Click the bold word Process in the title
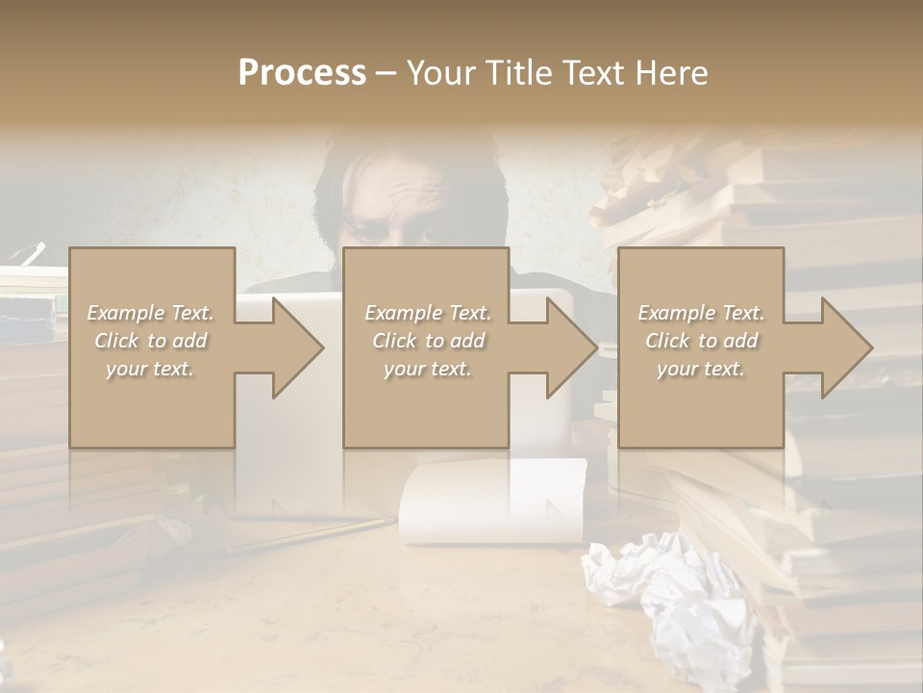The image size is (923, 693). point(302,73)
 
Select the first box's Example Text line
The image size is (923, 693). point(151,313)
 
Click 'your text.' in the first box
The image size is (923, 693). point(151,369)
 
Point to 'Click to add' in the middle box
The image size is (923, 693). point(428,341)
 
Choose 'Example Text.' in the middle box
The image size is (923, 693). point(428,313)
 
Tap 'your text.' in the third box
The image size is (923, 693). point(701,369)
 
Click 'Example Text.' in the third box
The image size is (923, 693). point(701,313)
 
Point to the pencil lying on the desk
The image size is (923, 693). point(308,534)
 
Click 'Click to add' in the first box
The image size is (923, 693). point(151,341)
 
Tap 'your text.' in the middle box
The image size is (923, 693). point(428,369)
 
